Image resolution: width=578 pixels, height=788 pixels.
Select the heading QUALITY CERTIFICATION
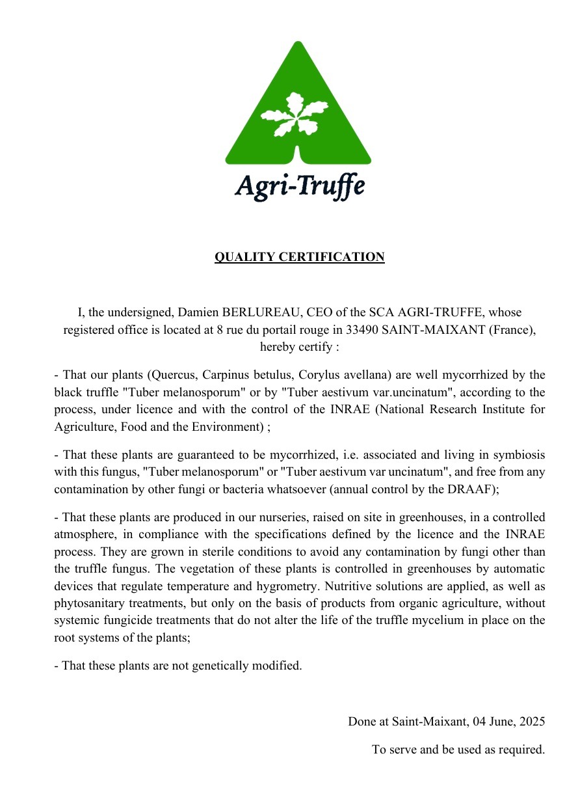coord(299,257)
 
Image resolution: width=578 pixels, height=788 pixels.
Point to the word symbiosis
coord(519,454)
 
